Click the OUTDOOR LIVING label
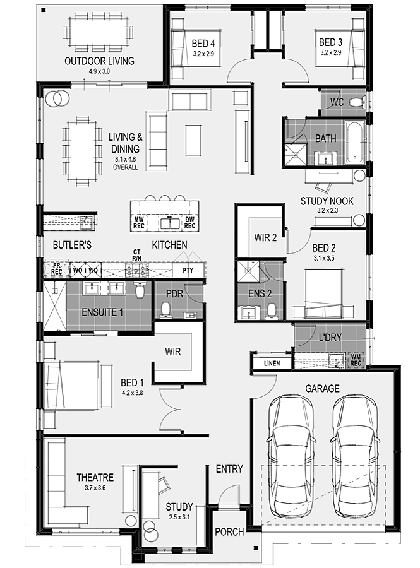pos(99,61)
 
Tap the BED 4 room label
pos(203,44)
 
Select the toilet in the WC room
pos(357,102)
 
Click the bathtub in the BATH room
pos(354,142)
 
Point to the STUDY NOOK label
pos(327,201)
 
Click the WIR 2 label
pos(265,238)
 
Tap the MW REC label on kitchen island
pos(139,223)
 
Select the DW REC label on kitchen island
pos(189,223)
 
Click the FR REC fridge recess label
pos(57,269)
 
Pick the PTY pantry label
pos(188,270)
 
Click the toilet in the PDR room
pos(165,311)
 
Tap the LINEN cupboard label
pos(272,363)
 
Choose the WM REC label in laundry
pos(356,360)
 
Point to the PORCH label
pos(229,532)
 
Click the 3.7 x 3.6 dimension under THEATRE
pos(95,488)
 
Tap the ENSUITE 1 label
pos(102,312)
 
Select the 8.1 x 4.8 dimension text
pos(126,158)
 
